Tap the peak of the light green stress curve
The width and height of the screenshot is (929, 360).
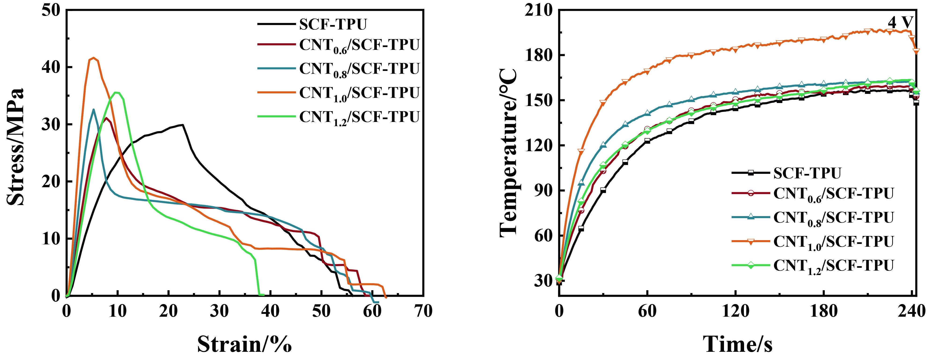pyautogui.click(x=116, y=93)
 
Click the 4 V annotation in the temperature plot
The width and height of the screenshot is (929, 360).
pyautogui.click(x=900, y=23)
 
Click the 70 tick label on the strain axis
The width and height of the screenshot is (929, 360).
pyautogui.click(x=423, y=311)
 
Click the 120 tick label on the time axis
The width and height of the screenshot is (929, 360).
pyautogui.click(x=735, y=311)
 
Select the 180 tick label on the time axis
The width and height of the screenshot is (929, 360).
pyautogui.click(x=824, y=311)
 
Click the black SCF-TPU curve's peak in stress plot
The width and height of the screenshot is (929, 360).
pyautogui.click(x=183, y=125)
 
